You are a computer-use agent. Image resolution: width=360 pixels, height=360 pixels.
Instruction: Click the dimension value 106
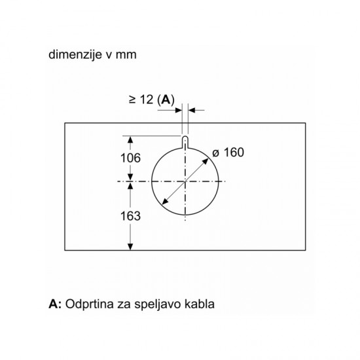tap(130, 158)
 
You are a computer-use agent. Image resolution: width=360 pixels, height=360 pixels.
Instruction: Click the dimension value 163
tap(130, 216)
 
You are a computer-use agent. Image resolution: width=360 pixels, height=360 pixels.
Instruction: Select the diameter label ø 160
tap(228, 153)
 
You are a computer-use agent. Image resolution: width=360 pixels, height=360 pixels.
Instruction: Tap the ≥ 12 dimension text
tap(141, 99)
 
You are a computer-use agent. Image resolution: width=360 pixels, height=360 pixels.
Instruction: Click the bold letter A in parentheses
tap(166, 100)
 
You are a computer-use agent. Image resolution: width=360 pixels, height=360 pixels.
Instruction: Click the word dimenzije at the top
tap(75, 55)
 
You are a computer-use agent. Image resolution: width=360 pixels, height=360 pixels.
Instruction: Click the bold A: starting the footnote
tap(55, 304)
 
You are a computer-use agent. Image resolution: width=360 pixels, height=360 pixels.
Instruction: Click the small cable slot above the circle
tap(185, 142)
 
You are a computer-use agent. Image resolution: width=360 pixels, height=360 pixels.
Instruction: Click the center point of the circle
tap(185, 181)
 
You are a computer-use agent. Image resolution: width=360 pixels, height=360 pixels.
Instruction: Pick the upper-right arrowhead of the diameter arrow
tap(206, 161)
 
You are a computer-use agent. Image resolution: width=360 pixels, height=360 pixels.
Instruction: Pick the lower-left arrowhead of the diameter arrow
tap(164, 202)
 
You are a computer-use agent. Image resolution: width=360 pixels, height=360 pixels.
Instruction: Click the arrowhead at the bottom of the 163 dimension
tap(130, 247)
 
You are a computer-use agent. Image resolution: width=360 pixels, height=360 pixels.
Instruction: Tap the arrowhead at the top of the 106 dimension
tap(130, 140)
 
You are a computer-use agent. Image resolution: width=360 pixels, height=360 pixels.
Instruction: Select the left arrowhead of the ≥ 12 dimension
tap(179, 110)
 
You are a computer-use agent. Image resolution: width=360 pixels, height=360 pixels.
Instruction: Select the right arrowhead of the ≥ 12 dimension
tap(192, 110)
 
